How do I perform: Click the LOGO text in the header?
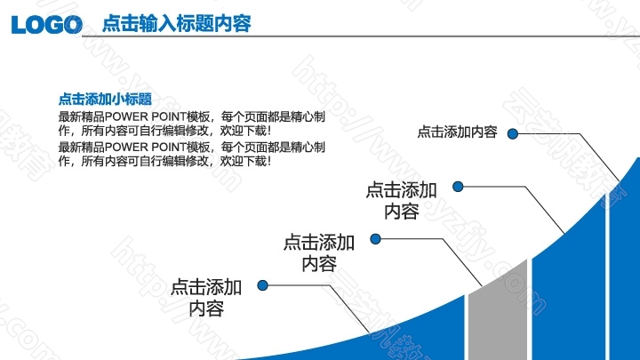[47, 24]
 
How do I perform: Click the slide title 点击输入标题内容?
[176, 23]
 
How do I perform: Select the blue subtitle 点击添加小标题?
[105, 99]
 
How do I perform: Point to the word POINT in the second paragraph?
[169, 147]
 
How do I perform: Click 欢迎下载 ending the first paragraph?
[244, 131]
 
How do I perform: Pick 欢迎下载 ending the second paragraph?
[244, 161]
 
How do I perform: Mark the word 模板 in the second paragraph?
[198, 147]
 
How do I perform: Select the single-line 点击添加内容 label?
[457, 132]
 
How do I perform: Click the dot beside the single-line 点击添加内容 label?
[513, 133]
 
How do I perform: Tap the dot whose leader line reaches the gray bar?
[375, 239]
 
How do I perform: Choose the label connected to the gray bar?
[319, 253]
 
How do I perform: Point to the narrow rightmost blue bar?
[625, 265]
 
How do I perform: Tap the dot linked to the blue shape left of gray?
[263, 285]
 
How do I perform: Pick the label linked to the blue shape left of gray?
[206, 298]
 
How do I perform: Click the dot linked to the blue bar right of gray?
[458, 187]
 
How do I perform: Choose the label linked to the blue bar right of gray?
[401, 201]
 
